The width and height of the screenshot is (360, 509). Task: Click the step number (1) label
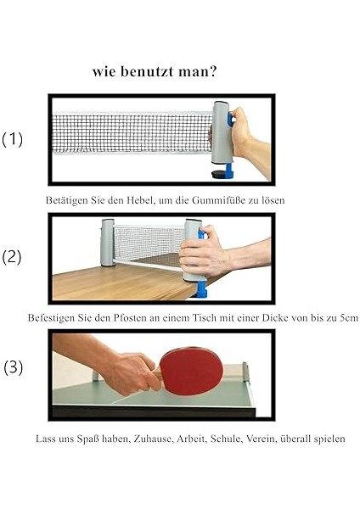pos(13,140)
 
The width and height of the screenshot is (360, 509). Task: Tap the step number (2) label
pos(12,257)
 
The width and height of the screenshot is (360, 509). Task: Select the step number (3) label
pos(13,367)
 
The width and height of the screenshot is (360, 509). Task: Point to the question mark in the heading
pos(213,71)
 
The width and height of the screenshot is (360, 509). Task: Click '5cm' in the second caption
pos(349,317)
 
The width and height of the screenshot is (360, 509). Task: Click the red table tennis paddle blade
pos(191,371)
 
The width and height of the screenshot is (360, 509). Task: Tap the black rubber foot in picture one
pos(218,174)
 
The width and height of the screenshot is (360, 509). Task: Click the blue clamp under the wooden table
pos(200,288)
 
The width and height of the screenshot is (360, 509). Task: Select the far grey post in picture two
pos(108,243)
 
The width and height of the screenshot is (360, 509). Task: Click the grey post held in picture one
pos(222,132)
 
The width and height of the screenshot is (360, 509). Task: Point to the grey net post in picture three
pos(245,372)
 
